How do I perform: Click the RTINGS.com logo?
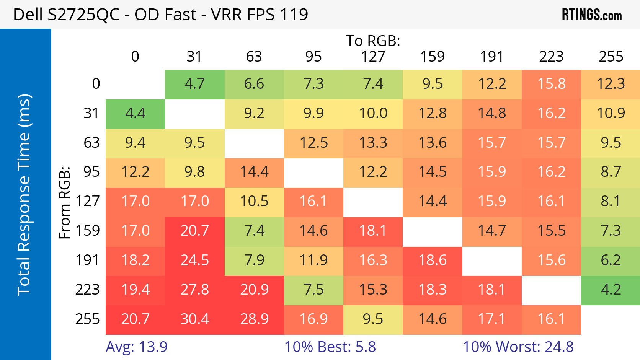591,15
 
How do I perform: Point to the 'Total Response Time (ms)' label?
24,195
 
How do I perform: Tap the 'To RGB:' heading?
373,41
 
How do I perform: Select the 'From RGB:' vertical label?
65,202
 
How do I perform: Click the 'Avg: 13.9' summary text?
137,347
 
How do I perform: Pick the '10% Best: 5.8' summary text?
330,347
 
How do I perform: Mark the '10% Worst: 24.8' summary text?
518,347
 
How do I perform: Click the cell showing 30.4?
195,319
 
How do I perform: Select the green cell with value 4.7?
195,84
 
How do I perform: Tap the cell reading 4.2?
611,290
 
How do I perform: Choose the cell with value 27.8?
195,290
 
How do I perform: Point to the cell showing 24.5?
195,260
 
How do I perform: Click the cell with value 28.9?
254,319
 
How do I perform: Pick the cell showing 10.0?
373,113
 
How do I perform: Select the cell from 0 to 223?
551,84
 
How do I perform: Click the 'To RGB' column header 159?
433,57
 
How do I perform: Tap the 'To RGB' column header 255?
611,57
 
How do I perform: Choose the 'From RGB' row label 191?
88,260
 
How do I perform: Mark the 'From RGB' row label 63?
91,143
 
